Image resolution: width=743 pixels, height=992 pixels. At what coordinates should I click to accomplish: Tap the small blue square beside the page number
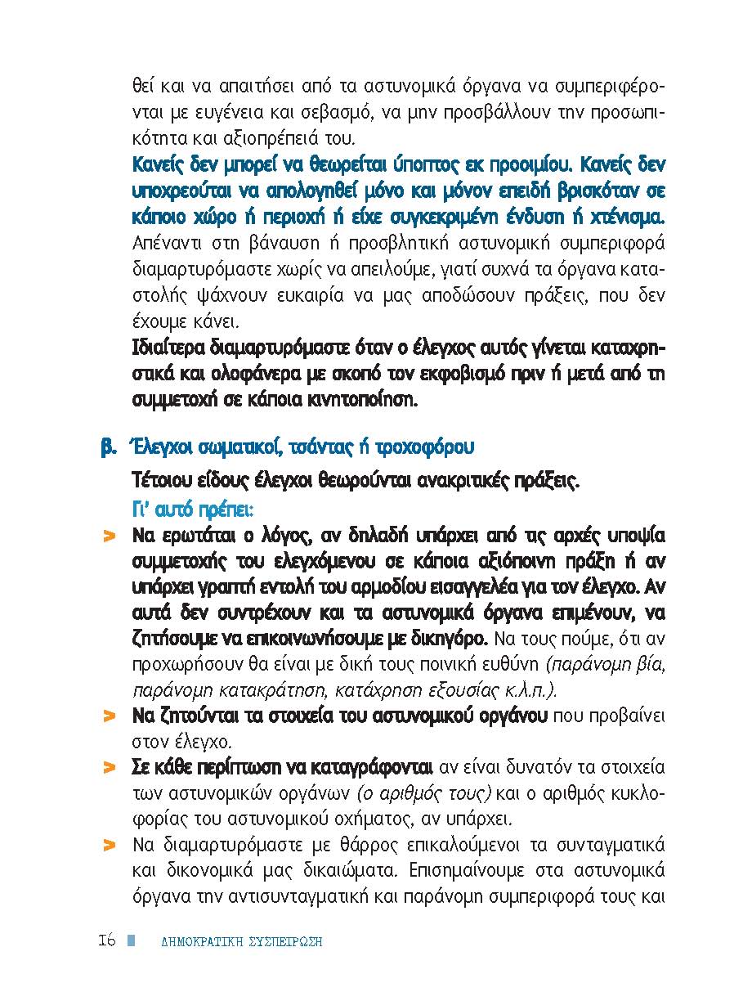click(x=130, y=940)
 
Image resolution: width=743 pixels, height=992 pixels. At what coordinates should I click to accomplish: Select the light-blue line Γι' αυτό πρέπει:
click(x=193, y=508)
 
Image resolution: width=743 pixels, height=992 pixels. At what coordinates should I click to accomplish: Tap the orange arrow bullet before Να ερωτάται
click(x=108, y=537)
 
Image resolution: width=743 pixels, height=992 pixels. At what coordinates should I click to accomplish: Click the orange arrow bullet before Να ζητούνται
click(x=108, y=717)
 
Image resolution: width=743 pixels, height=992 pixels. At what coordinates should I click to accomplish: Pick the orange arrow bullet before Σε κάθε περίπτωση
click(x=108, y=768)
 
